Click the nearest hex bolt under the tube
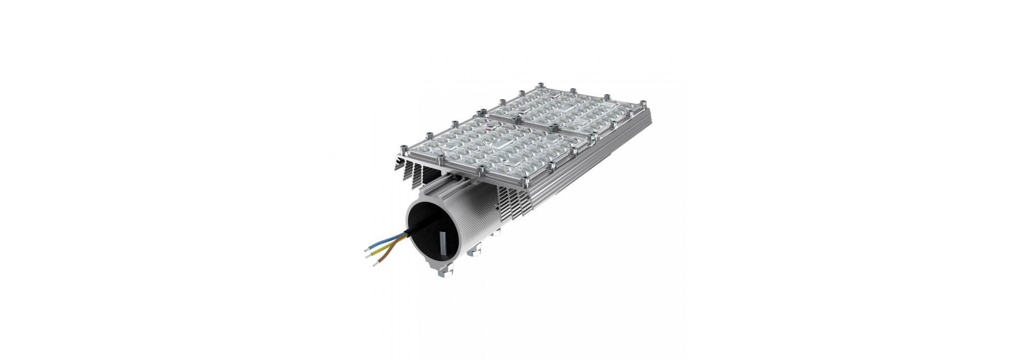443,273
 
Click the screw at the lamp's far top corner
541,85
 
